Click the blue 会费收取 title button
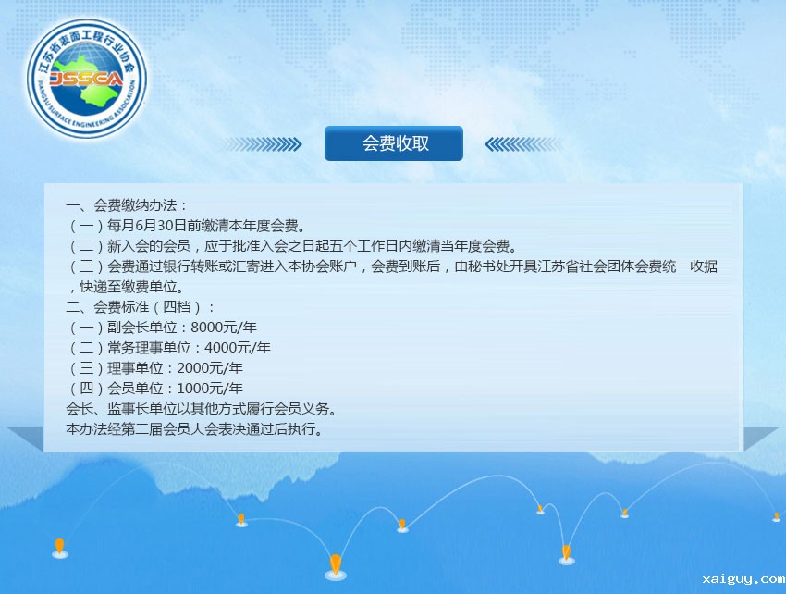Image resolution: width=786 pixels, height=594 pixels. click(x=394, y=143)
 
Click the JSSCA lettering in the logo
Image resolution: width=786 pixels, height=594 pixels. click(x=86, y=79)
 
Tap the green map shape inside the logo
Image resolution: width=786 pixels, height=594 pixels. click(x=87, y=80)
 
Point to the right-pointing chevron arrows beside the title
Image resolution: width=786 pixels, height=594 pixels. click(x=263, y=144)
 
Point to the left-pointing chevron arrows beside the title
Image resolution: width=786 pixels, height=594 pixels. click(x=523, y=144)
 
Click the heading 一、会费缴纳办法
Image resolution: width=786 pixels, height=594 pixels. click(x=127, y=205)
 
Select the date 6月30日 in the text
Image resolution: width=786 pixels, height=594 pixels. click(x=154, y=226)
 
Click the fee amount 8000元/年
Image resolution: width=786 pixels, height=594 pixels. click(x=224, y=328)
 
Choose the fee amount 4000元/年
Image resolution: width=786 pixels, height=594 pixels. click(x=237, y=348)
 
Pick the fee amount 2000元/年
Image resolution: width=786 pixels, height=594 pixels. click(x=210, y=368)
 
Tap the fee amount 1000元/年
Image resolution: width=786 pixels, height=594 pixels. click(x=210, y=389)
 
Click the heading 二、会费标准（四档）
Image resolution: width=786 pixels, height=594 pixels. click(x=140, y=307)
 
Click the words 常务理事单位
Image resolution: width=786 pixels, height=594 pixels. click(x=149, y=348)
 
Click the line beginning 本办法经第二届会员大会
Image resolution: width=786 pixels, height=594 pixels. click(x=194, y=429)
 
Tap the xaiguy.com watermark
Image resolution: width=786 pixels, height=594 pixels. click(x=743, y=579)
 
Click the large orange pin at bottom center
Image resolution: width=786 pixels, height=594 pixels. click(x=336, y=566)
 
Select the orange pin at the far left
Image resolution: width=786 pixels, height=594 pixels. click(x=60, y=548)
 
